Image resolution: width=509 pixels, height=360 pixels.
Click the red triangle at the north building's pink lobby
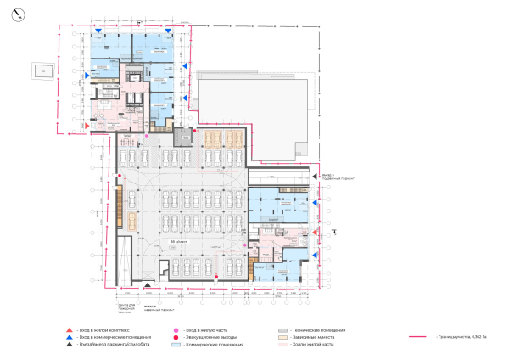click(86, 126)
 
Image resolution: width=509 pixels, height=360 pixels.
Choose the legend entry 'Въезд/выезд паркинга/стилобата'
click(105, 345)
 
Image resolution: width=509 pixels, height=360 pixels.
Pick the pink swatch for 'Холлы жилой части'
click(282, 346)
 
